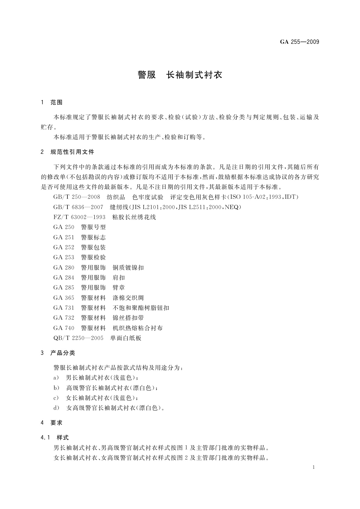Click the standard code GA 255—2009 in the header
click(x=299, y=42)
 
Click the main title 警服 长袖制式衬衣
click(x=180, y=75)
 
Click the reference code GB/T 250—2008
click(x=76, y=197)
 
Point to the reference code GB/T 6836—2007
click(x=78, y=207)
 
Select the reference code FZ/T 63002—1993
click(x=79, y=217)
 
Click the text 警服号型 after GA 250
click(x=93, y=227)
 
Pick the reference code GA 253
click(x=63, y=257)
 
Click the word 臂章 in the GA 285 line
click(x=118, y=287)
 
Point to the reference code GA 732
click(x=63, y=318)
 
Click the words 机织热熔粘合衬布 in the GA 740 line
click(x=138, y=328)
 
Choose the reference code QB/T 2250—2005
click(x=78, y=338)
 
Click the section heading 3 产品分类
click(x=58, y=353)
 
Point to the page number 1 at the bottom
click(x=313, y=467)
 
